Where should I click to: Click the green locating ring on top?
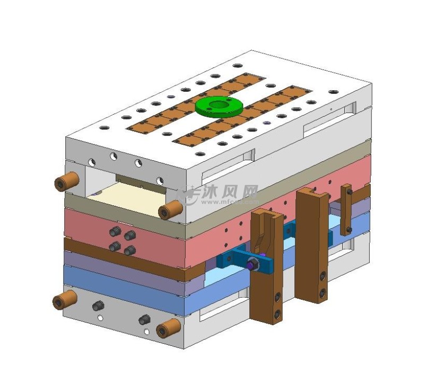coord(219,106)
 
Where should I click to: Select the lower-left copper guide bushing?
coord(64,301)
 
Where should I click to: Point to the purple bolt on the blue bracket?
coord(250,264)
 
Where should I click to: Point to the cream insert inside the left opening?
coord(125,197)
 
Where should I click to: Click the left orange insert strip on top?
coord(196,101)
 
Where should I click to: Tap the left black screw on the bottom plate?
coord(97,306)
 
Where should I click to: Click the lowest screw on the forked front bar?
coord(277,314)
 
